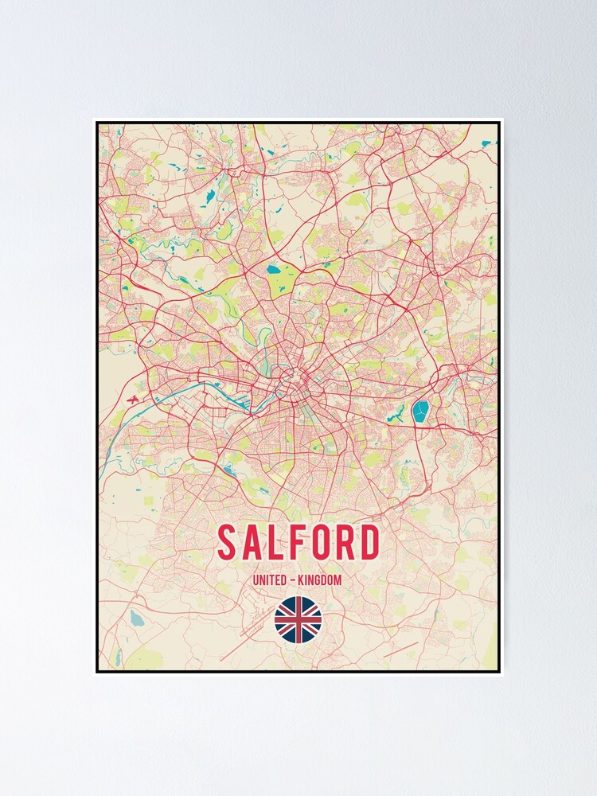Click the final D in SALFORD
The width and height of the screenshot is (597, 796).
pos(369,543)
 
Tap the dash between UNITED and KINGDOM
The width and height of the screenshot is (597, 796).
pos(295,580)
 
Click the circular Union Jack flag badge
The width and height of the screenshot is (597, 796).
pos(298,620)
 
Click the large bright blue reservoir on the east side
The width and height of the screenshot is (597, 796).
pos(420,412)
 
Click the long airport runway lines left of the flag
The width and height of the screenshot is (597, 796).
pos(247,637)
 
